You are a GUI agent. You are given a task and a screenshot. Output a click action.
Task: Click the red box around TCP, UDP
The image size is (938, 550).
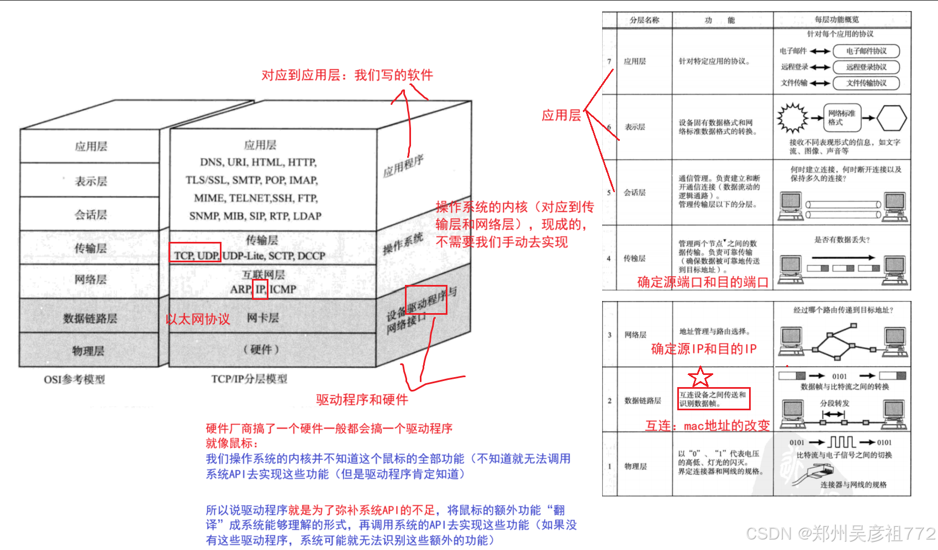pos(195,252)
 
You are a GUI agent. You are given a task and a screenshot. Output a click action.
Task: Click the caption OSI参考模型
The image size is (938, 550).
pos(75,379)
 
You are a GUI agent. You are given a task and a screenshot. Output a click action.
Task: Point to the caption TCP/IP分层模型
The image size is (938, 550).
pos(249,379)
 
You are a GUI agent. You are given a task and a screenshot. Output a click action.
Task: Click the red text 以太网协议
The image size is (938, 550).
pos(198,319)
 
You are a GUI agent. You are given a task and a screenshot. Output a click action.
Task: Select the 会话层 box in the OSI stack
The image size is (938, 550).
pos(91,214)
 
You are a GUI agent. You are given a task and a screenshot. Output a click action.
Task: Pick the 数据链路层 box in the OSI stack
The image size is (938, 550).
pos(90,318)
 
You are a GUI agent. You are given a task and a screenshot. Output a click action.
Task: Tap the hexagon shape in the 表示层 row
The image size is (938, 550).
pos(891,118)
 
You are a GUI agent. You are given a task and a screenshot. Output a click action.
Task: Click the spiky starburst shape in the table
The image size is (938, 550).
pos(793,118)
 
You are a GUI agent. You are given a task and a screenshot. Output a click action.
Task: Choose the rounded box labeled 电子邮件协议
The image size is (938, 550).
pos(866,51)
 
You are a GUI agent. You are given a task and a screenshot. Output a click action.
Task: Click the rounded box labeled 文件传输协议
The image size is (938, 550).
pos(866,83)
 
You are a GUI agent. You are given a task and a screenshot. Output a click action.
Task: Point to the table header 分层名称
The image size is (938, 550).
pos(644,20)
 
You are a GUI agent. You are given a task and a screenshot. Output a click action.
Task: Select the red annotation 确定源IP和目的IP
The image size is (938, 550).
pos(704,349)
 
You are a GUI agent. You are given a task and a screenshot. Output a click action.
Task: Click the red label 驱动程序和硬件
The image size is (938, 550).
pos(362,400)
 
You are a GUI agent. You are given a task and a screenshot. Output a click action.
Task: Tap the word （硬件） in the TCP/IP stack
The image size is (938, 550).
pos(261,350)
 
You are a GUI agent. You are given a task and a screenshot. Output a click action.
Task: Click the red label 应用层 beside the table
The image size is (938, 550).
pos(561,115)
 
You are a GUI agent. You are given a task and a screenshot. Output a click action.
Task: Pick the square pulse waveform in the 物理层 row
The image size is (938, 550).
pos(841,442)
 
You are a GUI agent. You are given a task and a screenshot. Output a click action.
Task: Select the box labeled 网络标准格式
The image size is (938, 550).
pos(841,118)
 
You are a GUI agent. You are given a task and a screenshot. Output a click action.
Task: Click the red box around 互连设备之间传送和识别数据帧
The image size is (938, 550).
pos(714,399)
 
